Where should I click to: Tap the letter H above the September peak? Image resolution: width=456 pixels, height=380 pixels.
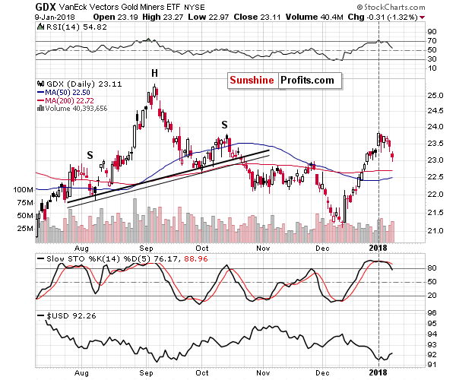154,73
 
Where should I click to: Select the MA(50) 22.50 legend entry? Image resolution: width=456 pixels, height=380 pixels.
60,94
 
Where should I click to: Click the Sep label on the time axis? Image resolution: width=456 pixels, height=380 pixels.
147,248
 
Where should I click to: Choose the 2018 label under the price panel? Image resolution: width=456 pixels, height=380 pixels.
378,248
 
